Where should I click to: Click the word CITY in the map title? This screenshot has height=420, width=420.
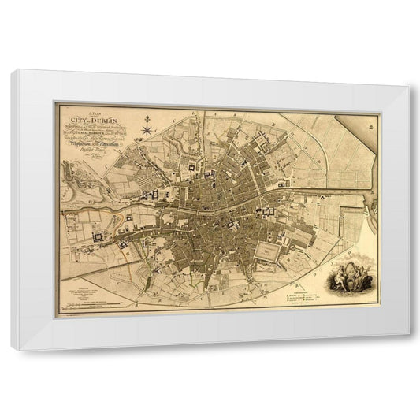[78, 120]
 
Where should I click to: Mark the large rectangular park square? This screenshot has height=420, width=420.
[270, 251]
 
